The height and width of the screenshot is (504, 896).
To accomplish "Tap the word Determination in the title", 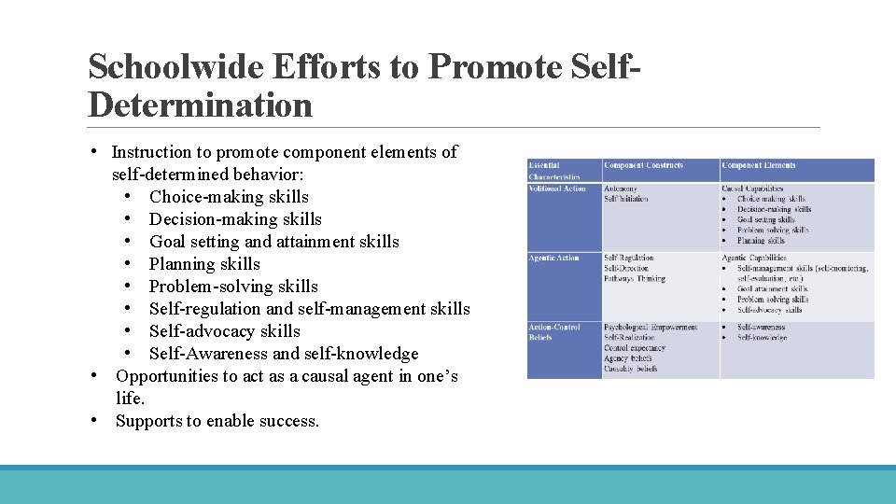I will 200,105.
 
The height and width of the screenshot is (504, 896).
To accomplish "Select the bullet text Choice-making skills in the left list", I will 229,197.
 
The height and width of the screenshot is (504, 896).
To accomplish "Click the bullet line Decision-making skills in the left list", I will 235,219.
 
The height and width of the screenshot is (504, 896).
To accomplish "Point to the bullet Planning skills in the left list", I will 204,264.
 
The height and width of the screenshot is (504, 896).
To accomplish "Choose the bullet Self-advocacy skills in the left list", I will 225,331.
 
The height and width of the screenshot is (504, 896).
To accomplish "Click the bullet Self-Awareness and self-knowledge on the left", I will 284,354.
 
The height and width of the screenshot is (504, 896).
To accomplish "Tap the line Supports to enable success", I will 217,421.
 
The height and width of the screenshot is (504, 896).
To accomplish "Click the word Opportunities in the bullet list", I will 166,376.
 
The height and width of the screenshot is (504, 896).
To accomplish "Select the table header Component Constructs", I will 643,165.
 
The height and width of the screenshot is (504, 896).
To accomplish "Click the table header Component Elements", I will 757,165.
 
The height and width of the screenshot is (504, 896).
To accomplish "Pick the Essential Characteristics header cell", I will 554,171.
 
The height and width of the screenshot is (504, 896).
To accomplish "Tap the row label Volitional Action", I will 557,189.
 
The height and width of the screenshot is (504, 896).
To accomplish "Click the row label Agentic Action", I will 553,258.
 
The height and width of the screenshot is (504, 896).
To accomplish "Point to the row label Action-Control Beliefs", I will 554,332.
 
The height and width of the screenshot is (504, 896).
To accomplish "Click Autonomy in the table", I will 621,189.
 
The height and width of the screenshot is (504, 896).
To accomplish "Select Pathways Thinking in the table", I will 635,278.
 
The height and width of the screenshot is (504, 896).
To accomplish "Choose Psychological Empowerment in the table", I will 650,328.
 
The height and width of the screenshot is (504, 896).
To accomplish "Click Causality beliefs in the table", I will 631,369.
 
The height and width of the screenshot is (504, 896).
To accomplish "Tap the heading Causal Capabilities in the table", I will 752,189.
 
